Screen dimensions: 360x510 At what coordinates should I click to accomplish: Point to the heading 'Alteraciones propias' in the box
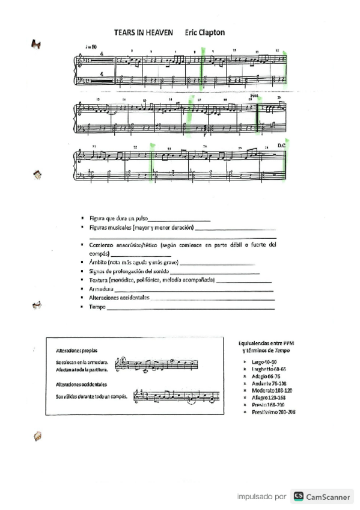[x=77, y=350]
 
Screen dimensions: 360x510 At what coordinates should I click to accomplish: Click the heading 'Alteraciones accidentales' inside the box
[x=81, y=384]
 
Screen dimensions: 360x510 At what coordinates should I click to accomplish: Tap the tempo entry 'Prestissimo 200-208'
[x=273, y=411]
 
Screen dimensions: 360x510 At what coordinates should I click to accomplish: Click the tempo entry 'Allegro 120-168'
[x=269, y=398]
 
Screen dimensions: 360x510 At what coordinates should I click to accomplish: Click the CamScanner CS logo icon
[x=298, y=497]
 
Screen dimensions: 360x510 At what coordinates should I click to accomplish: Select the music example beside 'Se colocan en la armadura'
[x=159, y=364]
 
